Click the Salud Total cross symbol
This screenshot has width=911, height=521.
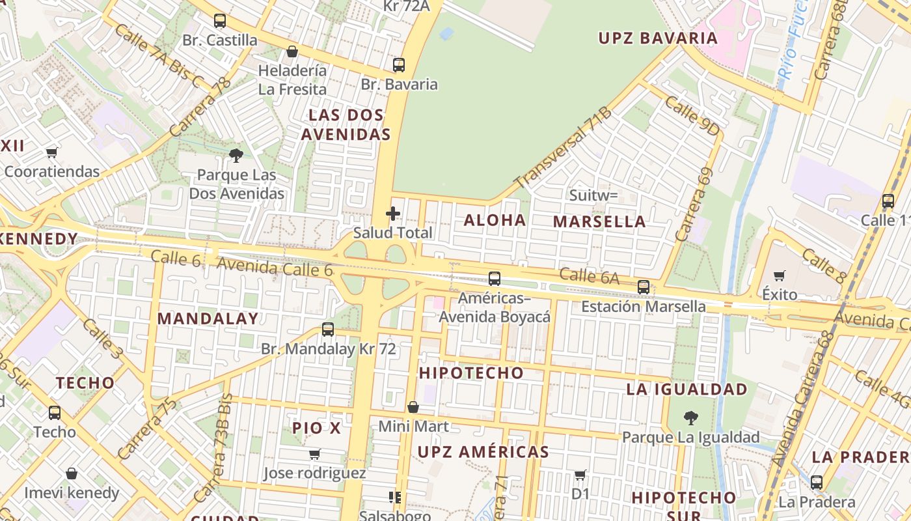[393, 214]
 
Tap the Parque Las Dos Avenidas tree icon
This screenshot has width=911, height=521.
[236, 155]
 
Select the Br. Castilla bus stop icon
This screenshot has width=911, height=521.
[220, 21]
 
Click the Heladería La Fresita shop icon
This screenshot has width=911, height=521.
[292, 51]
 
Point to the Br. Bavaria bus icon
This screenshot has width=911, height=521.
[399, 65]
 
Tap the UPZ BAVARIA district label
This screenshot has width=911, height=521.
[658, 38]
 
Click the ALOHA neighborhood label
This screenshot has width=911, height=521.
[495, 220]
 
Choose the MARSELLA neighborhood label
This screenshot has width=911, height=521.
[599, 221]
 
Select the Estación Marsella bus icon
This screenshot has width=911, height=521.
[644, 287]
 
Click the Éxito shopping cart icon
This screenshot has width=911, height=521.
[780, 275]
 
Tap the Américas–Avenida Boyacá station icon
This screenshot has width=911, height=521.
[495, 279]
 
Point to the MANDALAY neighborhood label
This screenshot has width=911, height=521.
[208, 318]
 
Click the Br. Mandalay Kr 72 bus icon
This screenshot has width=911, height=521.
[328, 330]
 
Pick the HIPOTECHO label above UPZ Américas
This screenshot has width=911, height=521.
[471, 373]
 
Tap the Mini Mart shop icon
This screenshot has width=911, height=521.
[413, 408]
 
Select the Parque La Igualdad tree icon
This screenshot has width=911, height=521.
[691, 417]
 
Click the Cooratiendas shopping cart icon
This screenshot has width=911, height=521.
[52, 152]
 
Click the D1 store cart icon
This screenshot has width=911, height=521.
[580, 475]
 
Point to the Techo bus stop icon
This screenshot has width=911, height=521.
[55, 412]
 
